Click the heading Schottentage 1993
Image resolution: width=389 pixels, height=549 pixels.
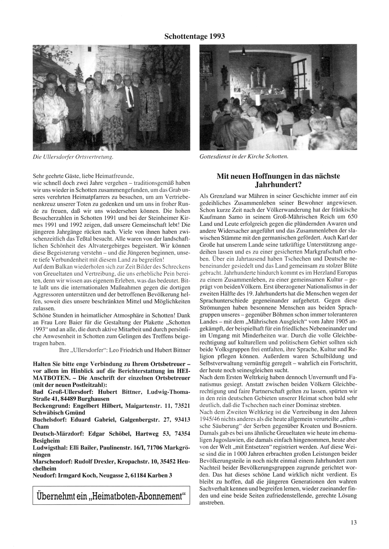coord(194,36)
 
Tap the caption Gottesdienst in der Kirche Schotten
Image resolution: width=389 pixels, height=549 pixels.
coord(244,157)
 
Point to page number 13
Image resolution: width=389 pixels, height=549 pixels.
coord(353,522)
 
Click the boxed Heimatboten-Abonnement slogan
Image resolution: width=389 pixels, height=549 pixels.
coord(111,496)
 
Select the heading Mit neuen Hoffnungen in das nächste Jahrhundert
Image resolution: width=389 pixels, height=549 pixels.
coord(278,180)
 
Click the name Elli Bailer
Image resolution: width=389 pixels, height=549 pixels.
coord(87,448)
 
